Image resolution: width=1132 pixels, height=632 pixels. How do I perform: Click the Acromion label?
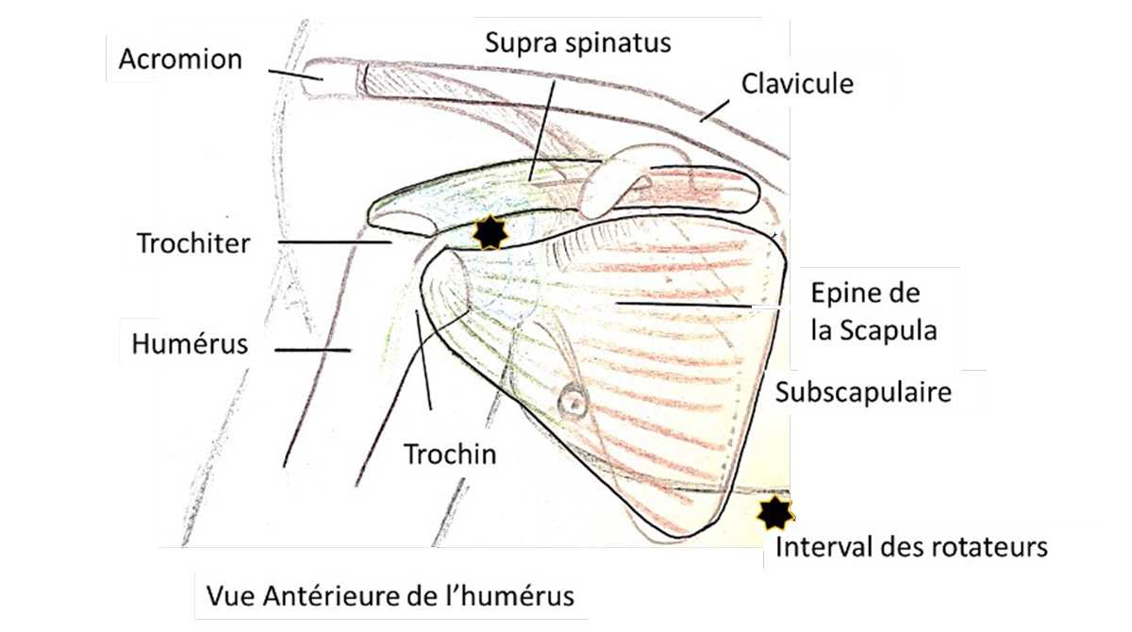(x=180, y=59)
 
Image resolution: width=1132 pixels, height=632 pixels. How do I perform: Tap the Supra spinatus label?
(x=577, y=42)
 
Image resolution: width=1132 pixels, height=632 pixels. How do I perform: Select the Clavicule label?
(x=796, y=83)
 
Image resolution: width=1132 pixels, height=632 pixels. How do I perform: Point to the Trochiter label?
(x=193, y=243)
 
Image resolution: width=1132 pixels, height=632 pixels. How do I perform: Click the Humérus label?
(x=191, y=343)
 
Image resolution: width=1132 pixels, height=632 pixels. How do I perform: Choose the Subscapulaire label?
(x=862, y=392)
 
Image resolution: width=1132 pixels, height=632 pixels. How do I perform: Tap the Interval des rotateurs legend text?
(x=910, y=547)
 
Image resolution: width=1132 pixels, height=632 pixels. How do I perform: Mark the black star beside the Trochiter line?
(x=489, y=232)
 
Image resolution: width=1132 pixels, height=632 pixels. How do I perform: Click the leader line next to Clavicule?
(x=713, y=111)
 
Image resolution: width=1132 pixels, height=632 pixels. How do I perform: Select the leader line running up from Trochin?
(x=424, y=358)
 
